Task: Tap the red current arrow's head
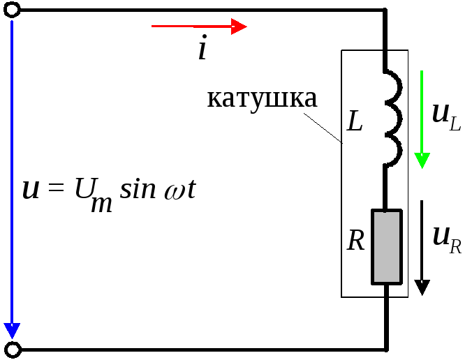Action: pyautogui.click(x=239, y=27)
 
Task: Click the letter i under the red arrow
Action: pyautogui.click(x=202, y=50)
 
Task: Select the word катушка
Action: pyautogui.click(x=262, y=98)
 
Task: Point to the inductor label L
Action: pyautogui.click(x=355, y=123)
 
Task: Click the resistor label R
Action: pyautogui.click(x=356, y=241)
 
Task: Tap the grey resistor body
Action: pyautogui.click(x=386, y=246)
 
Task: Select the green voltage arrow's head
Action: pyautogui.click(x=421, y=160)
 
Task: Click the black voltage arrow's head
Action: pyautogui.click(x=422, y=286)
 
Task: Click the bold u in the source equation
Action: pyautogui.click(x=31, y=189)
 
